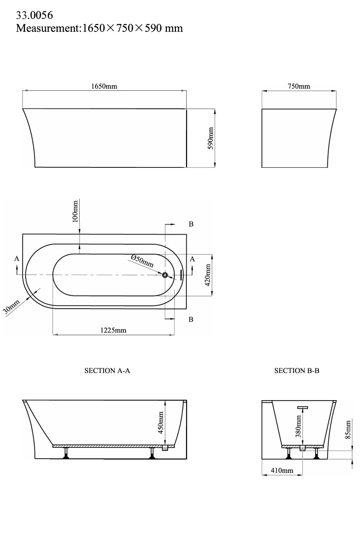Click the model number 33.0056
coord(34,15)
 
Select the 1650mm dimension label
coord(104,86)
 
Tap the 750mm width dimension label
coord(299,86)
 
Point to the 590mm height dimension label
coord(211,138)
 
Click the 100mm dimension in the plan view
coord(75,211)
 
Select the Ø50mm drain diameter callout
coord(142,261)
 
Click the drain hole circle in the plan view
coord(165,274)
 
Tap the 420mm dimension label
coord(207,275)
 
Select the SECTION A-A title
coord(107,370)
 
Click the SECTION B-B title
coord(297,370)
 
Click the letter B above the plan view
coord(191,224)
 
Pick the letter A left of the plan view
coord(17,259)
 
